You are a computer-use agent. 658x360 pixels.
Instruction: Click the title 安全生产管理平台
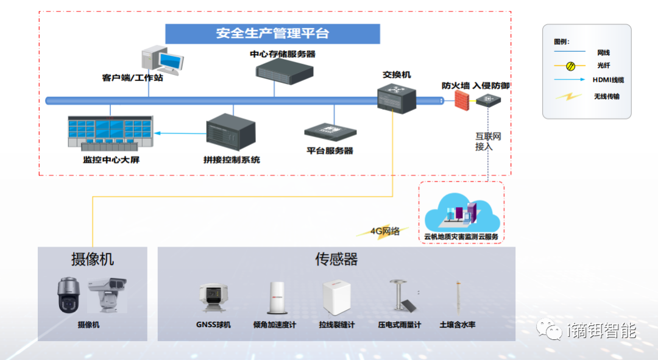(x=272, y=34)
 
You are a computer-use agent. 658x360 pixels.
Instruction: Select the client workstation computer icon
(x=161, y=61)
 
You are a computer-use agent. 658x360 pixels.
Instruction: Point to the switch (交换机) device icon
(x=396, y=97)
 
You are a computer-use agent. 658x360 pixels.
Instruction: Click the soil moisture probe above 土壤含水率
(x=457, y=298)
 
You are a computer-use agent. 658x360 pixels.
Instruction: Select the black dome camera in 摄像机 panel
(x=69, y=295)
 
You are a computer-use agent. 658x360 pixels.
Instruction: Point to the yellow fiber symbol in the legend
(x=571, y=66)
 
